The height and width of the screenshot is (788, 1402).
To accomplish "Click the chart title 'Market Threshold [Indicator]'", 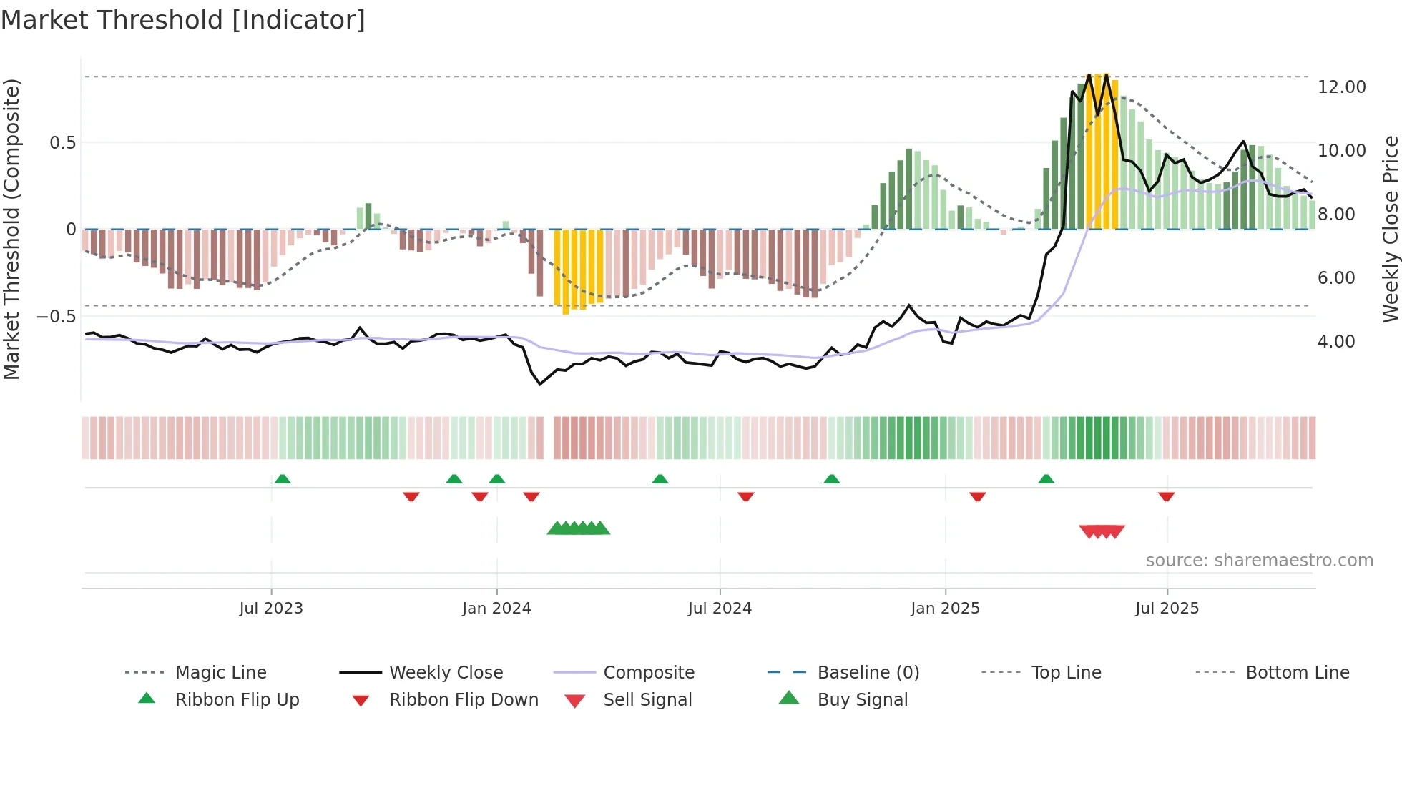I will (183, 20).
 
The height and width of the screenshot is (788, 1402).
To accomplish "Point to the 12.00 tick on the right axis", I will (1341, 87).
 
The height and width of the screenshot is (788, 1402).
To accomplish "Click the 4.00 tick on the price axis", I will (1335, 342).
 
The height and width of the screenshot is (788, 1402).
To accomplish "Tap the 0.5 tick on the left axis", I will (62, 143).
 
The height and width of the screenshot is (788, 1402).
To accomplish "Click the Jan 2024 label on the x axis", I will (496, 609).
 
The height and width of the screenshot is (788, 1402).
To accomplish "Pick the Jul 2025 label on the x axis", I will (1167, 609).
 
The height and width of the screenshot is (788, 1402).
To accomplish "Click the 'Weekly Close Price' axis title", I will (1390, 229).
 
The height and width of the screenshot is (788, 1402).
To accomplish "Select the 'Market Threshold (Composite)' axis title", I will (11, 229).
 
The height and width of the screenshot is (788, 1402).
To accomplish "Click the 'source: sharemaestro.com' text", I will (1259, 561).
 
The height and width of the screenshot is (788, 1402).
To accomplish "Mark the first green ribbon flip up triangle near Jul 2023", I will (283, 479).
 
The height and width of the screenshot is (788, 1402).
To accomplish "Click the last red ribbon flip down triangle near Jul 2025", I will (1166, 496).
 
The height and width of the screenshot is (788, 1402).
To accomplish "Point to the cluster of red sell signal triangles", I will (1102, 531).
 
